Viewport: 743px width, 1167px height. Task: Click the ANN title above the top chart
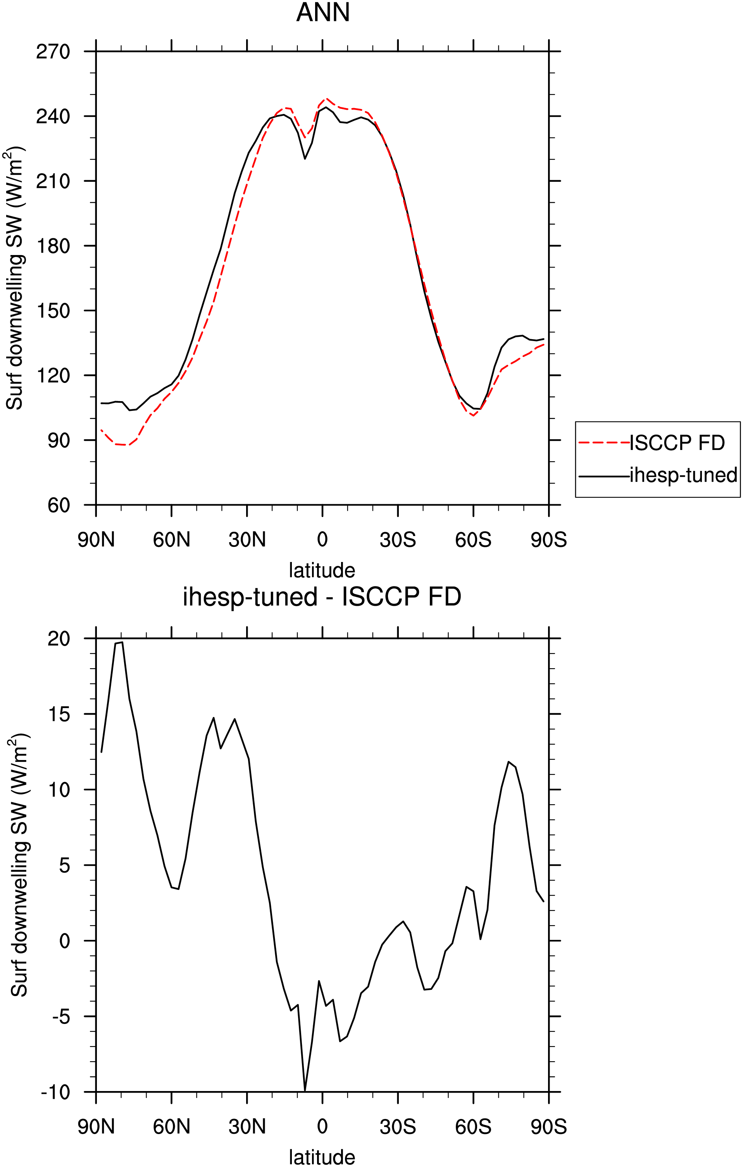(x=323, y=13)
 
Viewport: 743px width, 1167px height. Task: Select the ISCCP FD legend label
(x=677, y=443)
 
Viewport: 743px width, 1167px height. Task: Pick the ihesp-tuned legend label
(x=683, y=476)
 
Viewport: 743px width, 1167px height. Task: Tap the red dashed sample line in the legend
(x=604, y=443)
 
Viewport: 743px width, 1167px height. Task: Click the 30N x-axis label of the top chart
(x=247, y=540)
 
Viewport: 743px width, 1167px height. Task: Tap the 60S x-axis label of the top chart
(x=473, y=540)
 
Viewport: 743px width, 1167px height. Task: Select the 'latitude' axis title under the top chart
(x=322, y=571)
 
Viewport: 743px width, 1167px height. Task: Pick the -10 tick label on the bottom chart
(x=56, y=1092)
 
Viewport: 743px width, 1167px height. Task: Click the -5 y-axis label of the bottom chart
(x=62, y=1017)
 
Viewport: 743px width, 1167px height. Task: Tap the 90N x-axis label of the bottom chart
(x=97, y=1127)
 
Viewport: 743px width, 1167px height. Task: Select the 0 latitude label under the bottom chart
(x=322, y=1127)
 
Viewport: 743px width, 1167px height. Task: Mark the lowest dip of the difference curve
(x=305, y=1091)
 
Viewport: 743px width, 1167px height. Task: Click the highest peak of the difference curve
(x=122, y=642)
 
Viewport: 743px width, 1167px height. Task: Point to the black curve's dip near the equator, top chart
(x=305, y=159)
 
